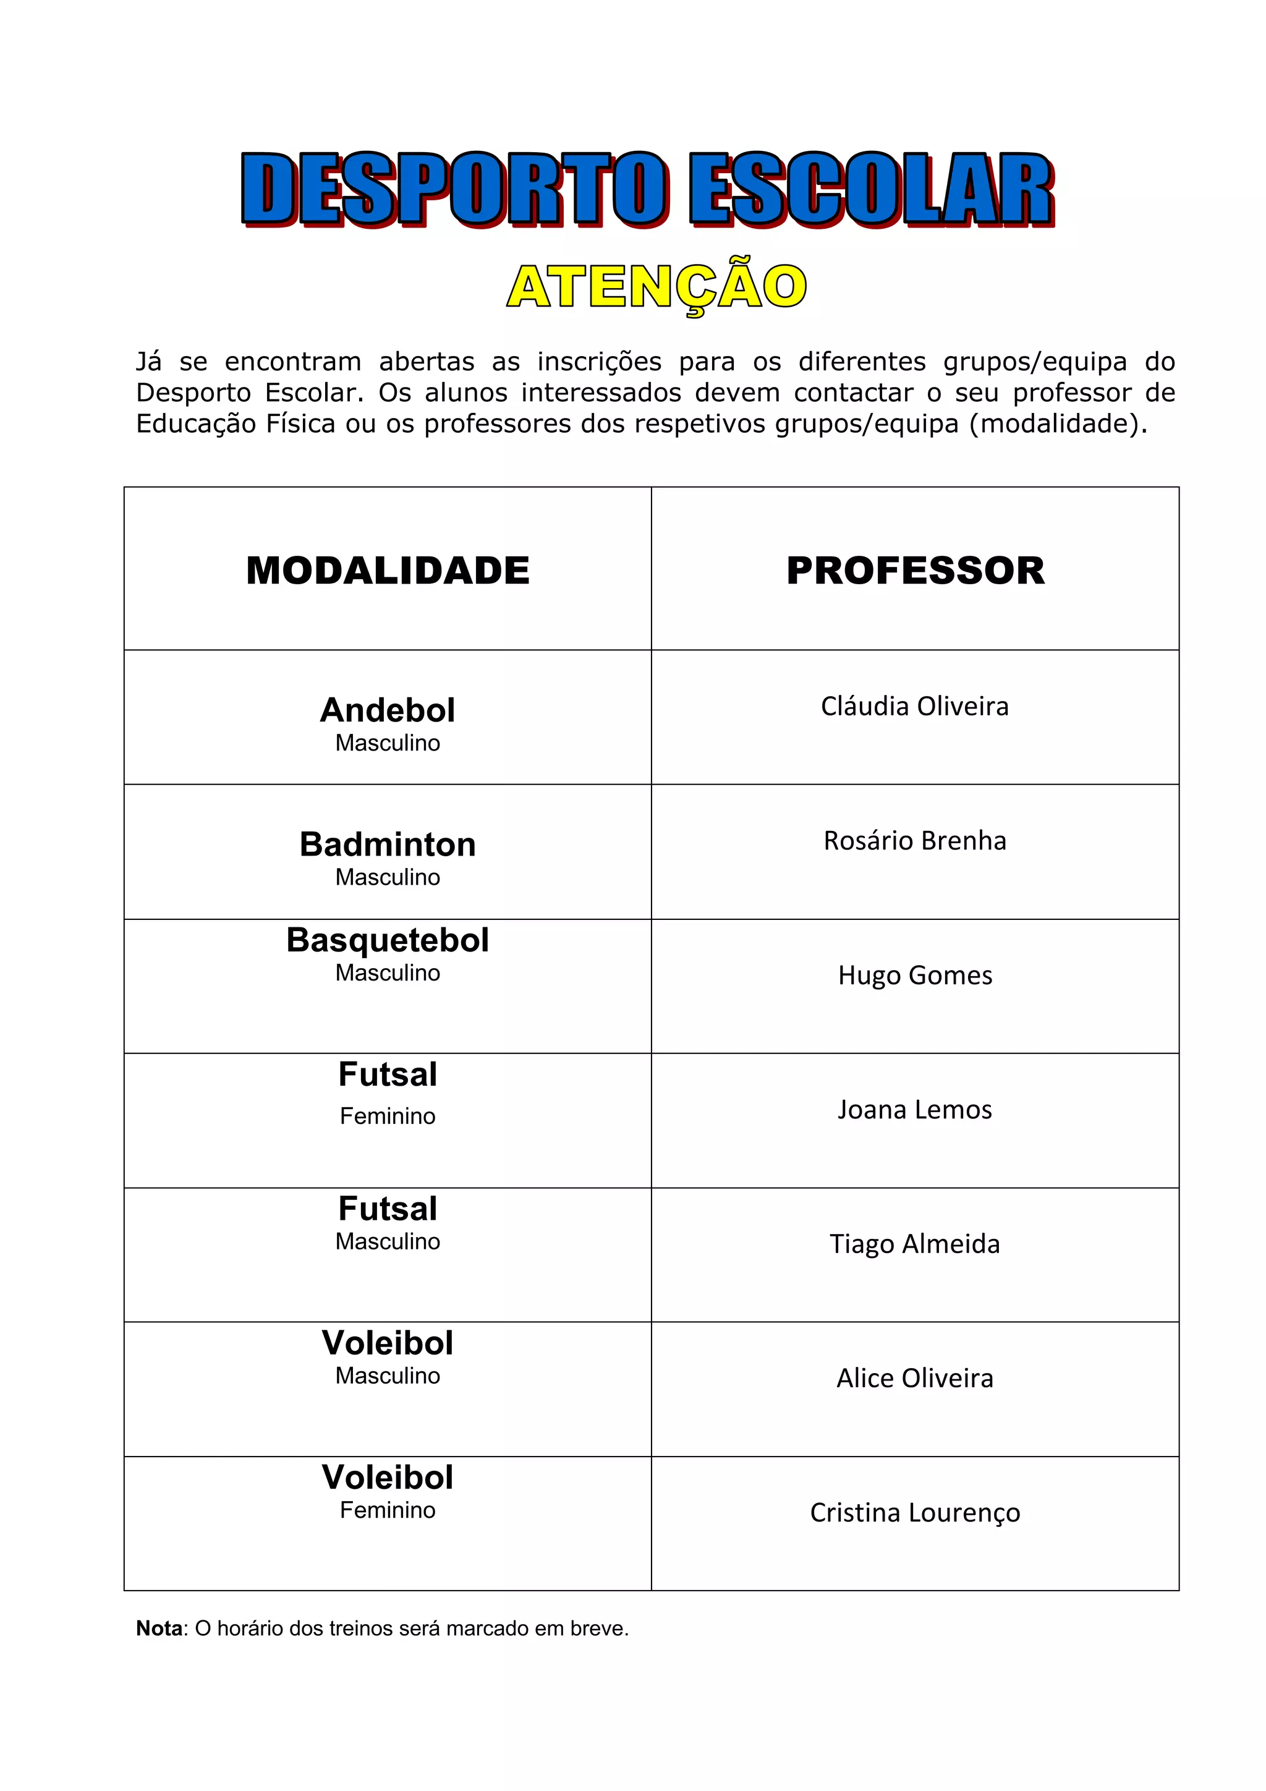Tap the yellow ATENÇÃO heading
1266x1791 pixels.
[656, 286]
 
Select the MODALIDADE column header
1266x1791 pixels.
[388, 570]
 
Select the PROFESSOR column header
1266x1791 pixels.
[915, 570]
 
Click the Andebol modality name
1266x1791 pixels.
[388, 710]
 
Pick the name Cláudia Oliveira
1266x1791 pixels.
[915, 706]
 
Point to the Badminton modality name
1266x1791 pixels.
[388, 844]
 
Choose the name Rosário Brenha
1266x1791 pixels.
[915, 841]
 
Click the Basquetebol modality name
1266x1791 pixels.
[388, 940]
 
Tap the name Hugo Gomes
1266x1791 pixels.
[915, 975]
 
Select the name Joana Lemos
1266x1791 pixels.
[915, 1109]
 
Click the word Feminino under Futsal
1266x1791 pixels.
[388, 1117]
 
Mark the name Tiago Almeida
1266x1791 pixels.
[915, 1243]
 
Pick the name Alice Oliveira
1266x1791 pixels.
[915, 1379]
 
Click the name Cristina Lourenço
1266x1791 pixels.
[915, 1513]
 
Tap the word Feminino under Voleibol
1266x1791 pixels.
[388, 1510]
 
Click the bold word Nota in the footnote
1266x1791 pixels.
[159, 1629]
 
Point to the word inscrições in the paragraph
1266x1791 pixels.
[599, 362]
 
